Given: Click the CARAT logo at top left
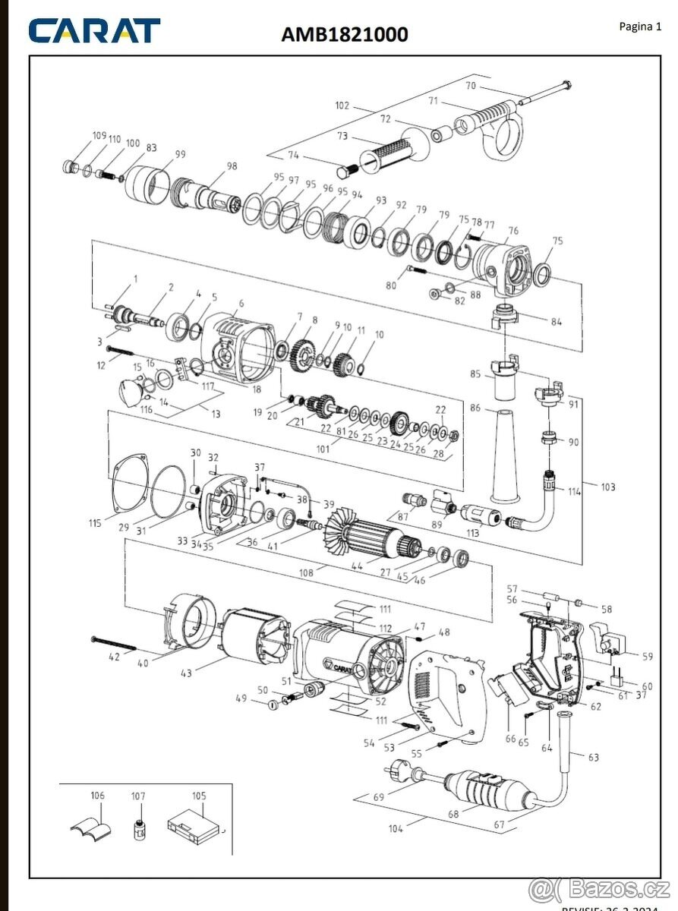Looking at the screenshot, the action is (x=95, y=31).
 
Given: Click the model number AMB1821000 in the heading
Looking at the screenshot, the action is (x=345, y=34).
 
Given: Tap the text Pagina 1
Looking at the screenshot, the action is (x=640, y=27).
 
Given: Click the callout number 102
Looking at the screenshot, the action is (x=342, y=106).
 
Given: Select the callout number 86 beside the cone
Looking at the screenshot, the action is (x=476, y=408).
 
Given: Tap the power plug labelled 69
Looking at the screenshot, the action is (x=400, y=775).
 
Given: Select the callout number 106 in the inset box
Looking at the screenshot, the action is (x=97, y=796).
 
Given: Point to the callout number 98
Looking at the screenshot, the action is (x=232, y=166).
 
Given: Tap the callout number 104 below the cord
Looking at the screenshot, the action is (x=396, y=829).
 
